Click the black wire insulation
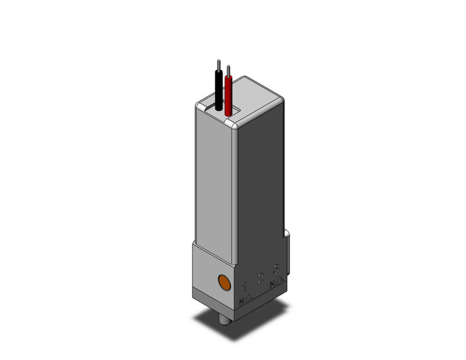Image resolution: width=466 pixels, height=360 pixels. tap(218, 91)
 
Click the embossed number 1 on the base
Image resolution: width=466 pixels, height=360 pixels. tap(245, 286)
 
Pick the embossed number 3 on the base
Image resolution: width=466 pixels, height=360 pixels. tap(276, 269)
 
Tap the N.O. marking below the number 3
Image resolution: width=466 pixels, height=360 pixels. tap(277, 281)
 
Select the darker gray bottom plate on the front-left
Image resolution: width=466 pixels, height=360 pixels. tap(209, 297)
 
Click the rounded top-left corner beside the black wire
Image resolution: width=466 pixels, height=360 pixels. tap(199, 105)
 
